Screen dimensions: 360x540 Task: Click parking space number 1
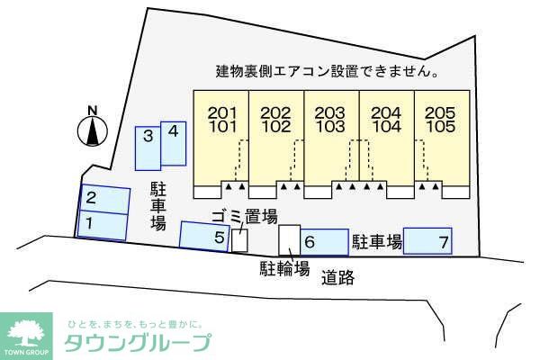(101, 224)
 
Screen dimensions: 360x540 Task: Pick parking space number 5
(204, 236)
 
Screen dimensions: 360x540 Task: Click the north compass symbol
(91, 130)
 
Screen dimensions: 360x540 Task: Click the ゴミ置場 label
(244, 216)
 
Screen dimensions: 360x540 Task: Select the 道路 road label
(337, 278)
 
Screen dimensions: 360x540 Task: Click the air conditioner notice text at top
(327, 71)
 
